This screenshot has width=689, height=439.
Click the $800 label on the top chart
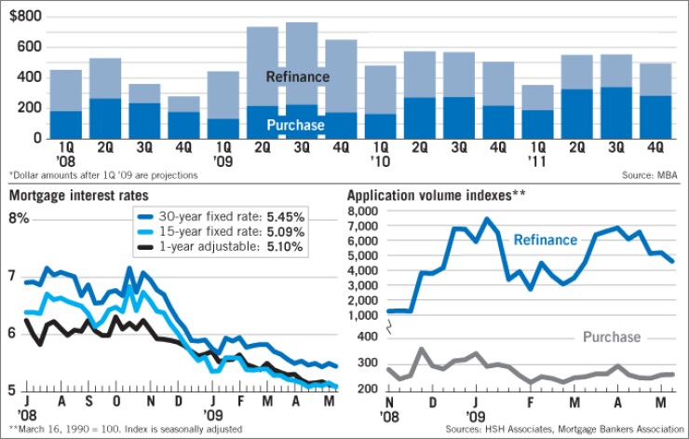click(x=26, y=16)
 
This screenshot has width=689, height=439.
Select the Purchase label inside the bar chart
click(x=297, y=125)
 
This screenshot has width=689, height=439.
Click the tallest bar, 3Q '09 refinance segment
click(x=302, y=56)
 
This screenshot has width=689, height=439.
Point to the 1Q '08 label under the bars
click(x=65, y=151)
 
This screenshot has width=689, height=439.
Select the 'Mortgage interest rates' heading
click(x=67, y=196)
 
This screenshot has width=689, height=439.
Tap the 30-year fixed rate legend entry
click(x=230, y=216)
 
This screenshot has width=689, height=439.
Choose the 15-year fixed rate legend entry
click(x=230, y=232)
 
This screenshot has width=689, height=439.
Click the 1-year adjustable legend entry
click(x=230, y=248)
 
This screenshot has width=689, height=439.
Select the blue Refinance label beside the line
click(x=546, y=240)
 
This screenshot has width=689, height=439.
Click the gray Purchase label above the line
click(x=611, y=336)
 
